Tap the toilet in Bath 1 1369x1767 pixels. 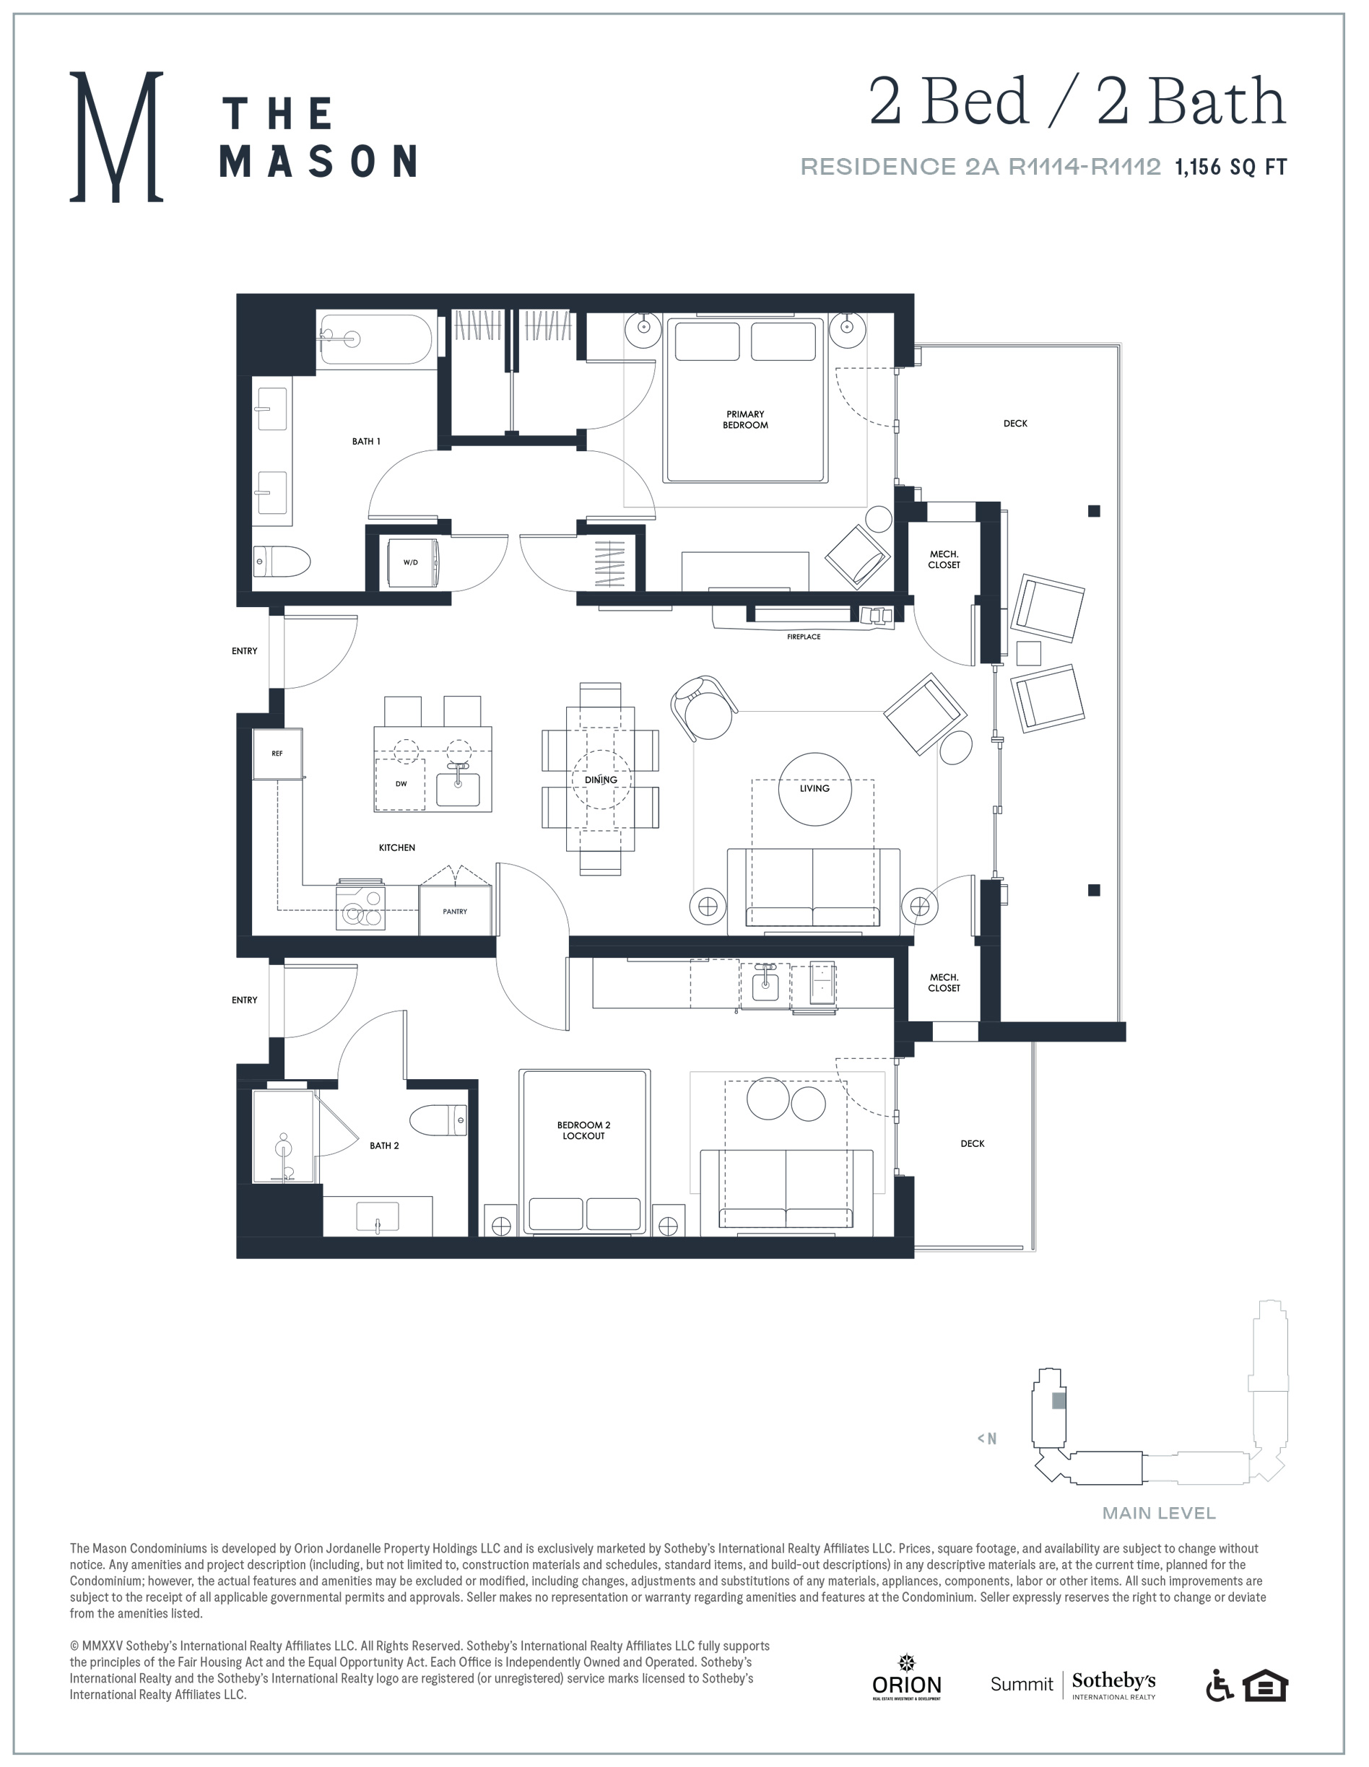(282, 561)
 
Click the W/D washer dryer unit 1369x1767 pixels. (412, 562)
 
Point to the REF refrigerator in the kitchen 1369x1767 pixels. (277, 754)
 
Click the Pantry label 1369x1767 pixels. (455, 911)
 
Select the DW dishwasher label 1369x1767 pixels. (401, 783)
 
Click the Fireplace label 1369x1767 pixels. (804, 637)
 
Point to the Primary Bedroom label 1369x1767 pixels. (745, 419)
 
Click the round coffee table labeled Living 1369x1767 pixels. (814, 789)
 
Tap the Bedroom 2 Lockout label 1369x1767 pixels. (583, 1130)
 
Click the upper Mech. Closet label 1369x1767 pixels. (944, 559)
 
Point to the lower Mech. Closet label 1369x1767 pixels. (944, 982)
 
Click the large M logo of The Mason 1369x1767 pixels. (116, 136)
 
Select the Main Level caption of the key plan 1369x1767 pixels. (1159, 1513)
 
